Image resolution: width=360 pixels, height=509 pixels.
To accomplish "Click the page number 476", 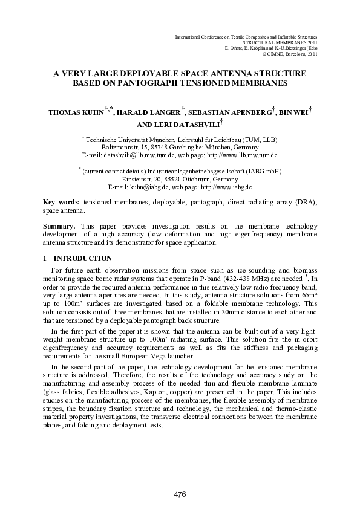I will (180, 494).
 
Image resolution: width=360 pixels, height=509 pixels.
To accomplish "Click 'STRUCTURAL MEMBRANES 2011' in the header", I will (280, 43).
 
